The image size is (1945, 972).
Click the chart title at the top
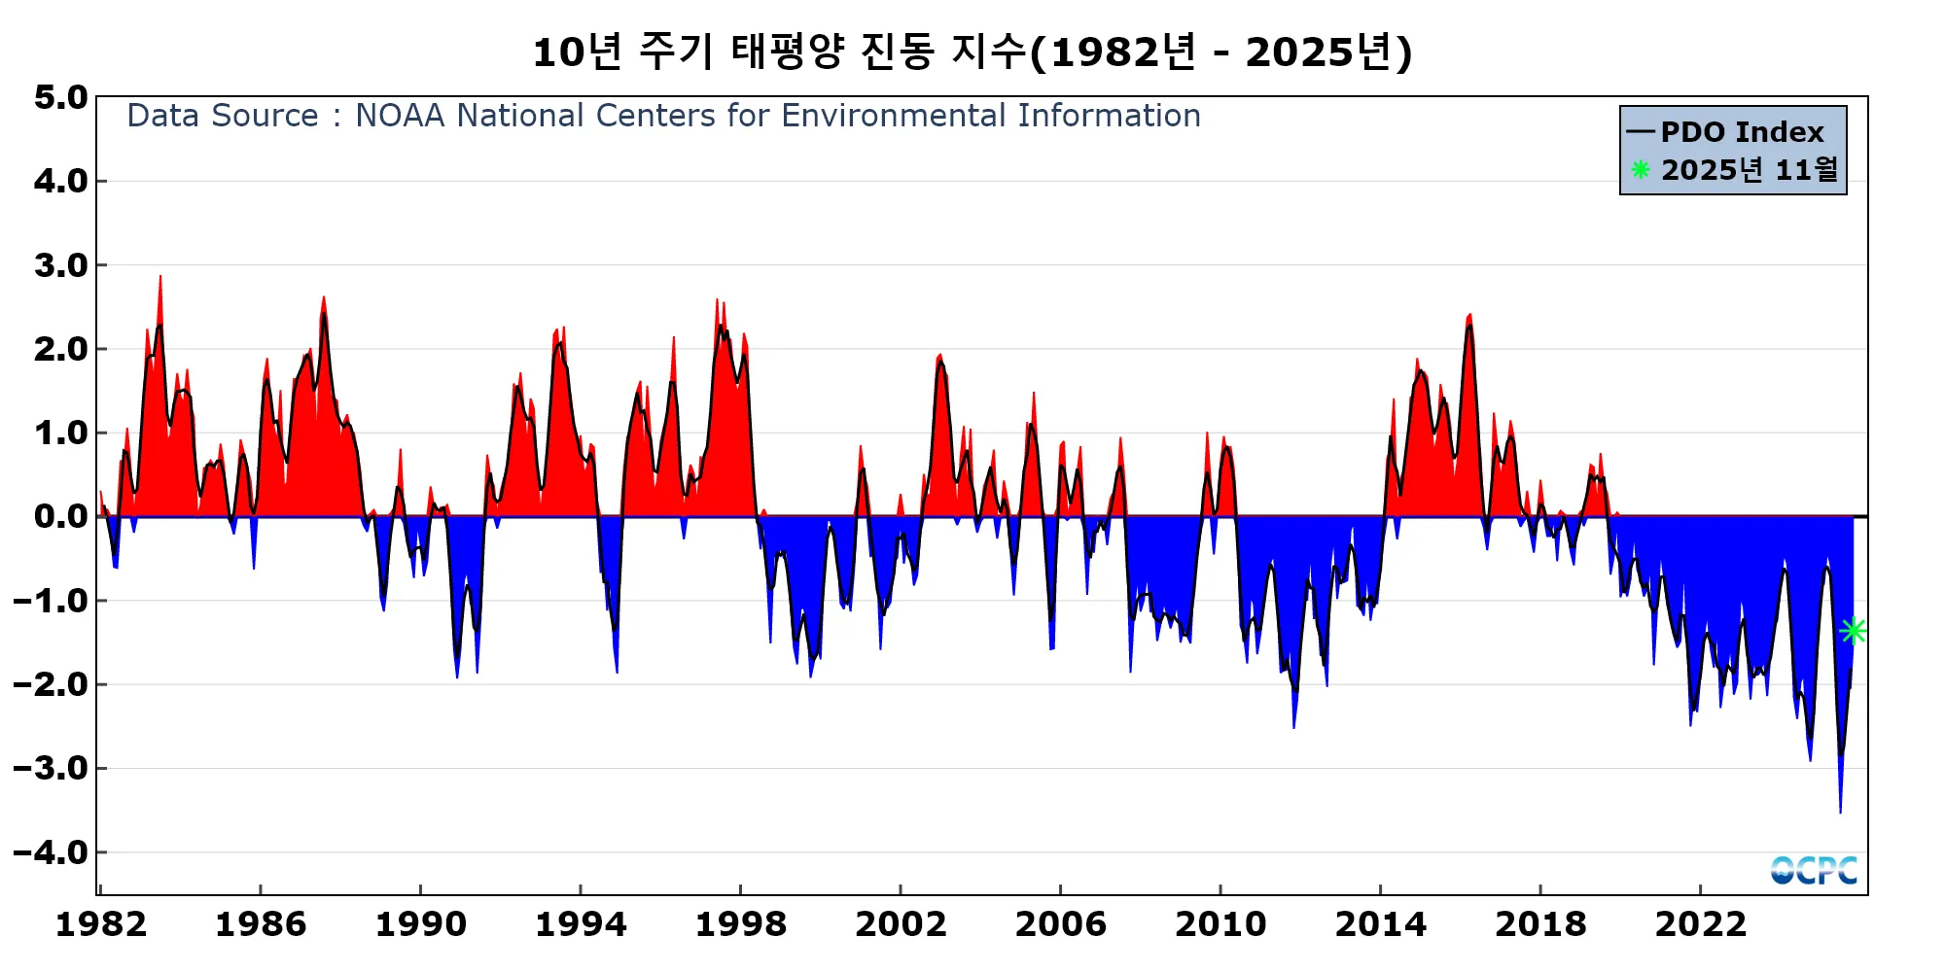click(x=972, y=52)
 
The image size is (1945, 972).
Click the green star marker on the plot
click(x=1853, y=631)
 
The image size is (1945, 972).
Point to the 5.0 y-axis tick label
click(x=60, y=97)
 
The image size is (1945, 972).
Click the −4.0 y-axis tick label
click(x=51, y=852)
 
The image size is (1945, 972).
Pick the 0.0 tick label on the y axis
click(x=60, y=516)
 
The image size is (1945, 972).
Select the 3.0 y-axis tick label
click(x=60, y=265)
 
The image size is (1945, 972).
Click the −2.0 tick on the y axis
click(x=51, y=684)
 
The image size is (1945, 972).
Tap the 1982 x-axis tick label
click(x=101, y=924)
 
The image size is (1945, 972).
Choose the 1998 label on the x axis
click(x=740, y=924)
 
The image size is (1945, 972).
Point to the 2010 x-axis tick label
click(x=1220, y=924)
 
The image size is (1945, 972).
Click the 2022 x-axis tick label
click(x=1700, y=924)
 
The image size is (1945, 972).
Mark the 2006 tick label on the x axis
click(x=1060, y=924)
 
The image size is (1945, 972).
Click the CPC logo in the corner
click(x=1814, y=870)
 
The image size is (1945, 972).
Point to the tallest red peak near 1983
click(x=160, y=278)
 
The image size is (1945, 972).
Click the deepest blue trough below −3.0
click(x=1840, y=809)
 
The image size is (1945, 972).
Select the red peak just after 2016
click(x=1469, y=316)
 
